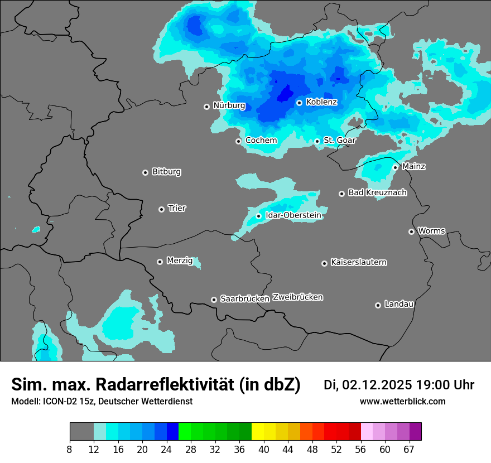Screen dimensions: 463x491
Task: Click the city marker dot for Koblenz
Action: click(x=299, y=103)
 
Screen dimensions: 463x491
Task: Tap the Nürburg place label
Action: click(x=229, y=105)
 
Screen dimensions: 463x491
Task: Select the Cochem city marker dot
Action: click(x=238, y=141)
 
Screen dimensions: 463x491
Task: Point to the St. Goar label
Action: click(x=339, y=140)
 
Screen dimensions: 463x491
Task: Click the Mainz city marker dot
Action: click(x=395, y=167)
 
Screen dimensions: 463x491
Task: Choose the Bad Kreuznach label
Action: click(x=377, y=192)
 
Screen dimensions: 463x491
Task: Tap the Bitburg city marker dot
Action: click(x=145, y=172)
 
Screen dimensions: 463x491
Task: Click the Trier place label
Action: click(x=177, y=208)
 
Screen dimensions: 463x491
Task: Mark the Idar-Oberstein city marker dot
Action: click(x=258, y=216)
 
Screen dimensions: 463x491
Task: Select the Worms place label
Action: click(x=431, y=230)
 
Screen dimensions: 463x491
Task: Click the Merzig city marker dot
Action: click(x=160, y=262)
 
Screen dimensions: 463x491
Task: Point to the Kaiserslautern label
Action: click(x=358, y=262)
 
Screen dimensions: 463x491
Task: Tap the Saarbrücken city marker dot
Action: click(x=214, y=300)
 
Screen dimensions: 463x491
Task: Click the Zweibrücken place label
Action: click(x=297, y=297)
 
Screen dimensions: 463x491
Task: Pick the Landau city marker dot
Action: click(x=378, y=305)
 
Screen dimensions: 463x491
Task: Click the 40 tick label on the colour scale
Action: click(x=264, y=449)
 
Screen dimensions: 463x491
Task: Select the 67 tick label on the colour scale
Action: click(x=409, y=449)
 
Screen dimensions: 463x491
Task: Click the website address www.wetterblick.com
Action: click(x=402, y=402)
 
